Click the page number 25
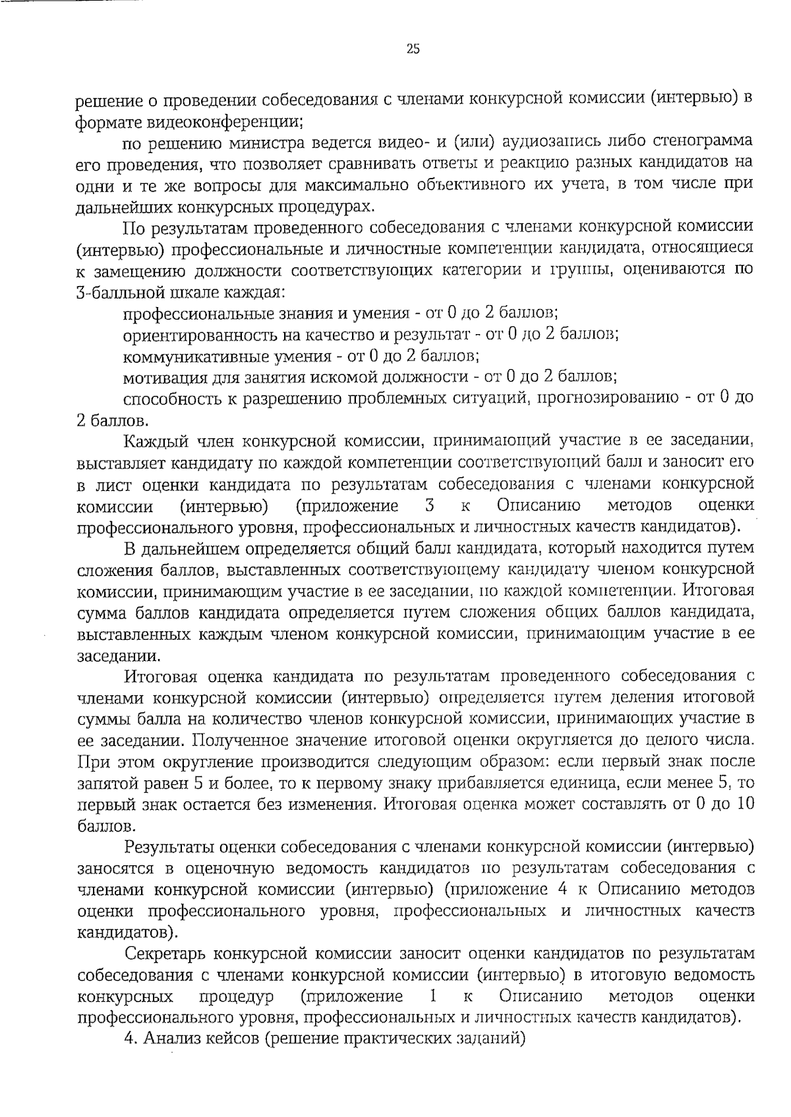[413, 49]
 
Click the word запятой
[109, 784]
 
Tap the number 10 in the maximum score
[744, 805]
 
